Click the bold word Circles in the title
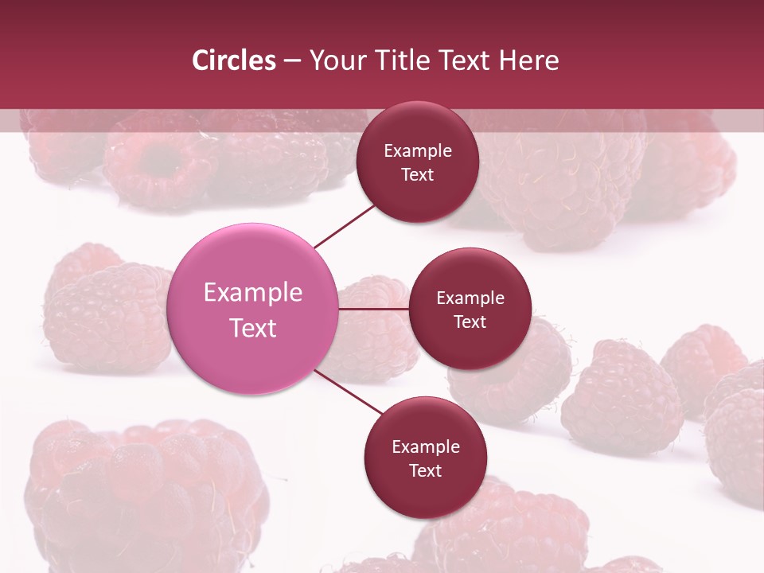[233, 60]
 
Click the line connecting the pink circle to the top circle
[344, 227]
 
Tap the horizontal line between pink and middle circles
[373, 309]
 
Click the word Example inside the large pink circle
[253, 293]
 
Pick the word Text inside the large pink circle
[253, 328]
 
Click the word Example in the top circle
[418, 151]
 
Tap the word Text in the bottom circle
[425, 470]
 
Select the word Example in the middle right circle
[470, 298]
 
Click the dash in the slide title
[292, 60]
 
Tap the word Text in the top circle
[417, 174]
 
